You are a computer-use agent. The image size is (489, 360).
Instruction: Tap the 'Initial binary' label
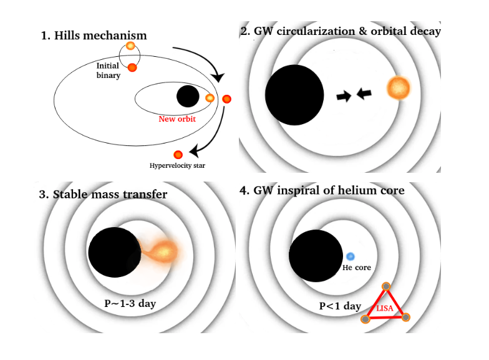click(x=108, y=71)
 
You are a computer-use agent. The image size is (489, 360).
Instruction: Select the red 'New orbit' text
click(x=178, y=119)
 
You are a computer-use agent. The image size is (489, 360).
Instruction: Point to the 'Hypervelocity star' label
click(x=177, y=165)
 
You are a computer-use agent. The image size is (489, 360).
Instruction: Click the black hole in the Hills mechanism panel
click(x=188, y=97)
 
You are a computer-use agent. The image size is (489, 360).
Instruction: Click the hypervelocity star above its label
click(x=178, y=154)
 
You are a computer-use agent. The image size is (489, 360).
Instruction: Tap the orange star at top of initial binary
click(x=130, y=46)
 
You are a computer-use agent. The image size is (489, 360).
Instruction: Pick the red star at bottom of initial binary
click(x=132, y=67)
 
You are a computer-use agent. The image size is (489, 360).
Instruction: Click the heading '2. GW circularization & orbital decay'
click(x=340, y=31)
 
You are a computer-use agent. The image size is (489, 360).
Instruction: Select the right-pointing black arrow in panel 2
click(x=343, y=96)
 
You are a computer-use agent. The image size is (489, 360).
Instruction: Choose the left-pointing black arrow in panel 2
click(x=364, y=94)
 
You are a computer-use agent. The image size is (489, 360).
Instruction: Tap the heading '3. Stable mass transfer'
click(x=103, y=194)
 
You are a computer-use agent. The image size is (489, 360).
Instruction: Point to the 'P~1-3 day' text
click(x=130, y=304)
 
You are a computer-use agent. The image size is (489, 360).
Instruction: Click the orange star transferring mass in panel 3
click(x=165, y=251)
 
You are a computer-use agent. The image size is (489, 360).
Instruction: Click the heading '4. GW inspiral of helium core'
click(x=322, y=190)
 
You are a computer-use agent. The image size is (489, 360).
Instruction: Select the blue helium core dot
click(x=351, y=256)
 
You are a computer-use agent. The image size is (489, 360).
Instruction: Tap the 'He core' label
click(x=357, y=268)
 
